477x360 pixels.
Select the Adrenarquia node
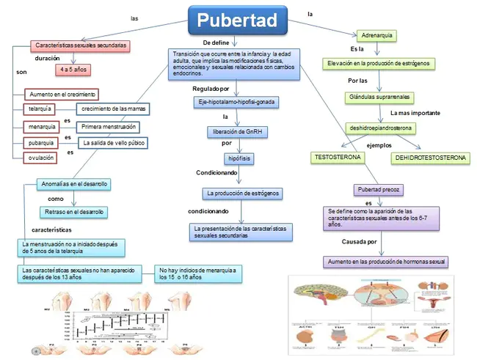click(x=378, y=34)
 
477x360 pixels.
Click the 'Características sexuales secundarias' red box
click(x=81, y=45)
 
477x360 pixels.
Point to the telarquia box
click(x=41, y=109)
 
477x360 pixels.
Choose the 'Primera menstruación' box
click(x=108, y=127)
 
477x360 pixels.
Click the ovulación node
click(x=41, y=158)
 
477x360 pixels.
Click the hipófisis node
click(x=237, y=158)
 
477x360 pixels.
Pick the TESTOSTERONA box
click(x=338, y=158)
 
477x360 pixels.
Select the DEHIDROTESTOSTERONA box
click(x=431, y=158)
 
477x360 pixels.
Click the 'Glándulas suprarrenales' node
click(x=378, y=97)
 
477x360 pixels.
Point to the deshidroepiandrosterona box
click(x=381, y=128)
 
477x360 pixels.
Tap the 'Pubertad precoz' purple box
click(x=379, y=189)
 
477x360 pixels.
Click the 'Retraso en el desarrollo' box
click(x=74, y=212)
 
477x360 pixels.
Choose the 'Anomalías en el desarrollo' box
click(x=75, y=183)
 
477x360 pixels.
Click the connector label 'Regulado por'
click(x=211, y=89)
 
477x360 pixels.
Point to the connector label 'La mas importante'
click(x=415, y=114)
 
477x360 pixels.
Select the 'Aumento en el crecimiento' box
click(x=62, y=95)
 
